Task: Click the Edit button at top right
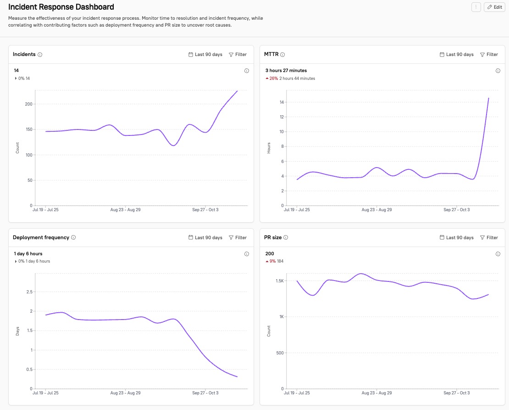tap(494, 7)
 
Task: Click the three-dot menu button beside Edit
tap(476, 7)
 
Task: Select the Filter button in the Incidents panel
tap(238, 55)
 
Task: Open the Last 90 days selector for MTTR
tap(456, 55)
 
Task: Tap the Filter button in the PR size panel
tap(489, 238)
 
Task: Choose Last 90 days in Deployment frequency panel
tap(205, 238)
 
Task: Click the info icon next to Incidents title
tap(40, 55)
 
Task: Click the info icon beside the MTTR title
tap(282, 55)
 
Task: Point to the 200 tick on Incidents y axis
tap(28, 104)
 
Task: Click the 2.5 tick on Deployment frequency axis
tap(29, 292)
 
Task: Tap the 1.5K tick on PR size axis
tap(280, 281)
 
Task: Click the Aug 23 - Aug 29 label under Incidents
tap(126, 210)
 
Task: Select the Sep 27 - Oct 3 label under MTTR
tap(456, 210)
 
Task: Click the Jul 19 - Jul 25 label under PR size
tap(297, 393)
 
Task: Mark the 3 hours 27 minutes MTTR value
tap(286, 71)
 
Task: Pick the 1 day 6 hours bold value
tap(28, 254)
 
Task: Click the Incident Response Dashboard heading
tap(61, 7)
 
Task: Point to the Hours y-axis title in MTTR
tap(269, 147)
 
